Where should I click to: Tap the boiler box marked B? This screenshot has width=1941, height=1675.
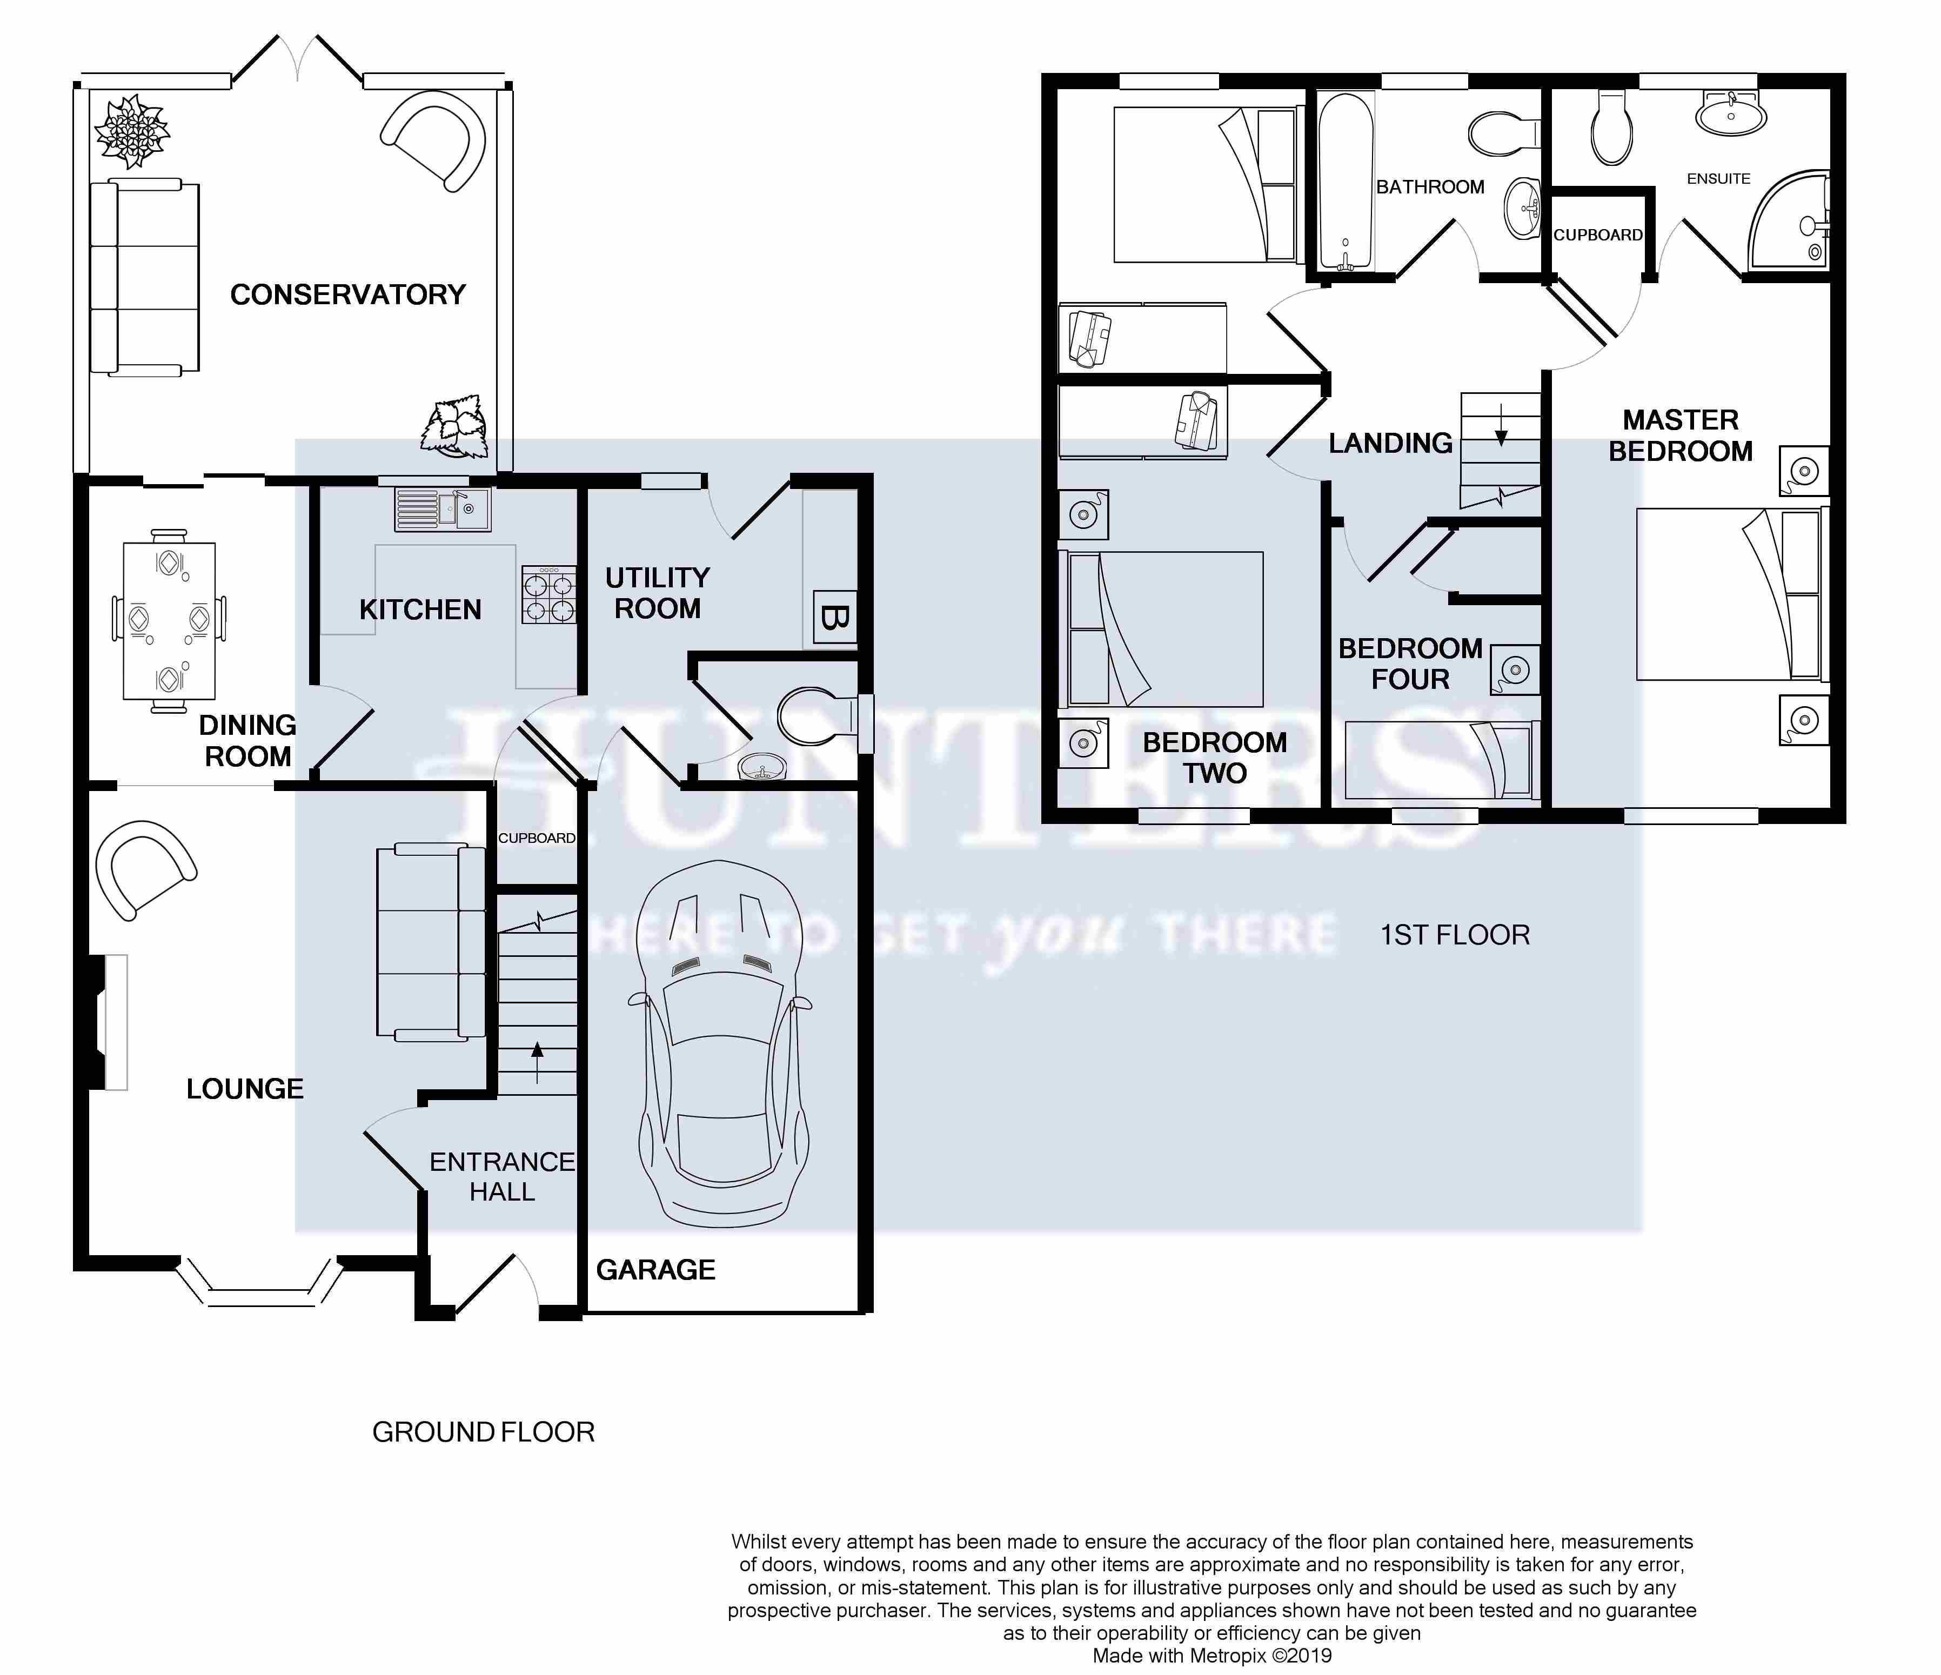coord(834,618)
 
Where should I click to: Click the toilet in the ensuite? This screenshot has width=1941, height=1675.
coord(1612,128)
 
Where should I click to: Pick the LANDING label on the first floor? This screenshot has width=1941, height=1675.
coord(1390,443)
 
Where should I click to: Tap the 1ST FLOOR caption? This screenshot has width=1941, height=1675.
coord(1455,935)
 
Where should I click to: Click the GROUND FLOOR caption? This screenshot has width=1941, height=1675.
coord(484,1432)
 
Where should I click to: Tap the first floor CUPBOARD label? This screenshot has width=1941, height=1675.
coord(1598,235)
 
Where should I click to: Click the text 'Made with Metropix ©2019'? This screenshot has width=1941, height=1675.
coord(1212,1656)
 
